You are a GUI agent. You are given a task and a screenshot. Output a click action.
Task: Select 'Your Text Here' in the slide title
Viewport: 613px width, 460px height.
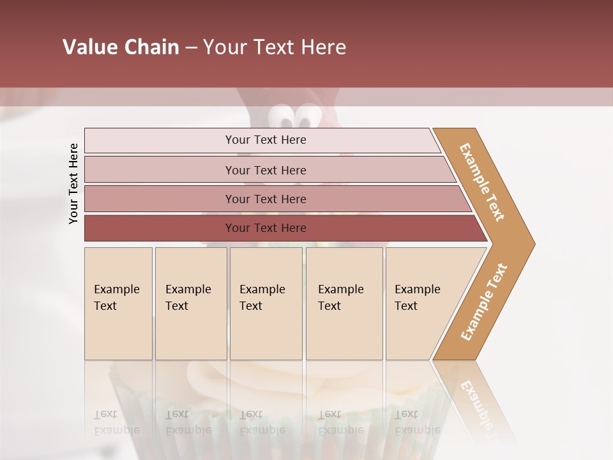(275, 47)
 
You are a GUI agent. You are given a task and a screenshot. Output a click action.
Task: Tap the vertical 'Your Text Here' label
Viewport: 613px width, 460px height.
(73, 183)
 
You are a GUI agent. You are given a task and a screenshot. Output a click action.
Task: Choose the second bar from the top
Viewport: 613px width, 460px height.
(266, 170)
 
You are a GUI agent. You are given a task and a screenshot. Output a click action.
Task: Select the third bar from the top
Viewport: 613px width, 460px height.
(266, 199)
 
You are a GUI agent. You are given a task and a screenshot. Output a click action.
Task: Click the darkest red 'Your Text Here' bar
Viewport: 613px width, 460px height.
(266, 228)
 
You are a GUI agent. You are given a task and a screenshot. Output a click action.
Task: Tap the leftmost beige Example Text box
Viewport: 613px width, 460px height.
(118, 303)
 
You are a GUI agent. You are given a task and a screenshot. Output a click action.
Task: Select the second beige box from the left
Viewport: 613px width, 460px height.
(191, 303)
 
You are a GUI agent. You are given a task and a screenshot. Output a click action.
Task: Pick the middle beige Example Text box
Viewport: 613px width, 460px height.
(266, 303)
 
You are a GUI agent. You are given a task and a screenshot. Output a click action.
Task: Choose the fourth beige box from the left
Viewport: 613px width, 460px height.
(344, 303)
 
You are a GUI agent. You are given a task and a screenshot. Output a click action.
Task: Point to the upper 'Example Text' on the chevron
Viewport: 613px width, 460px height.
(482, 182)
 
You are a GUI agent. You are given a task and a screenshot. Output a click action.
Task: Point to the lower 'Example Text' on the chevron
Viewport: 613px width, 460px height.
(484, 302)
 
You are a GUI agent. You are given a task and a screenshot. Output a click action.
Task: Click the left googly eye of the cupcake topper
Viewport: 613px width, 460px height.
(283, 118)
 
